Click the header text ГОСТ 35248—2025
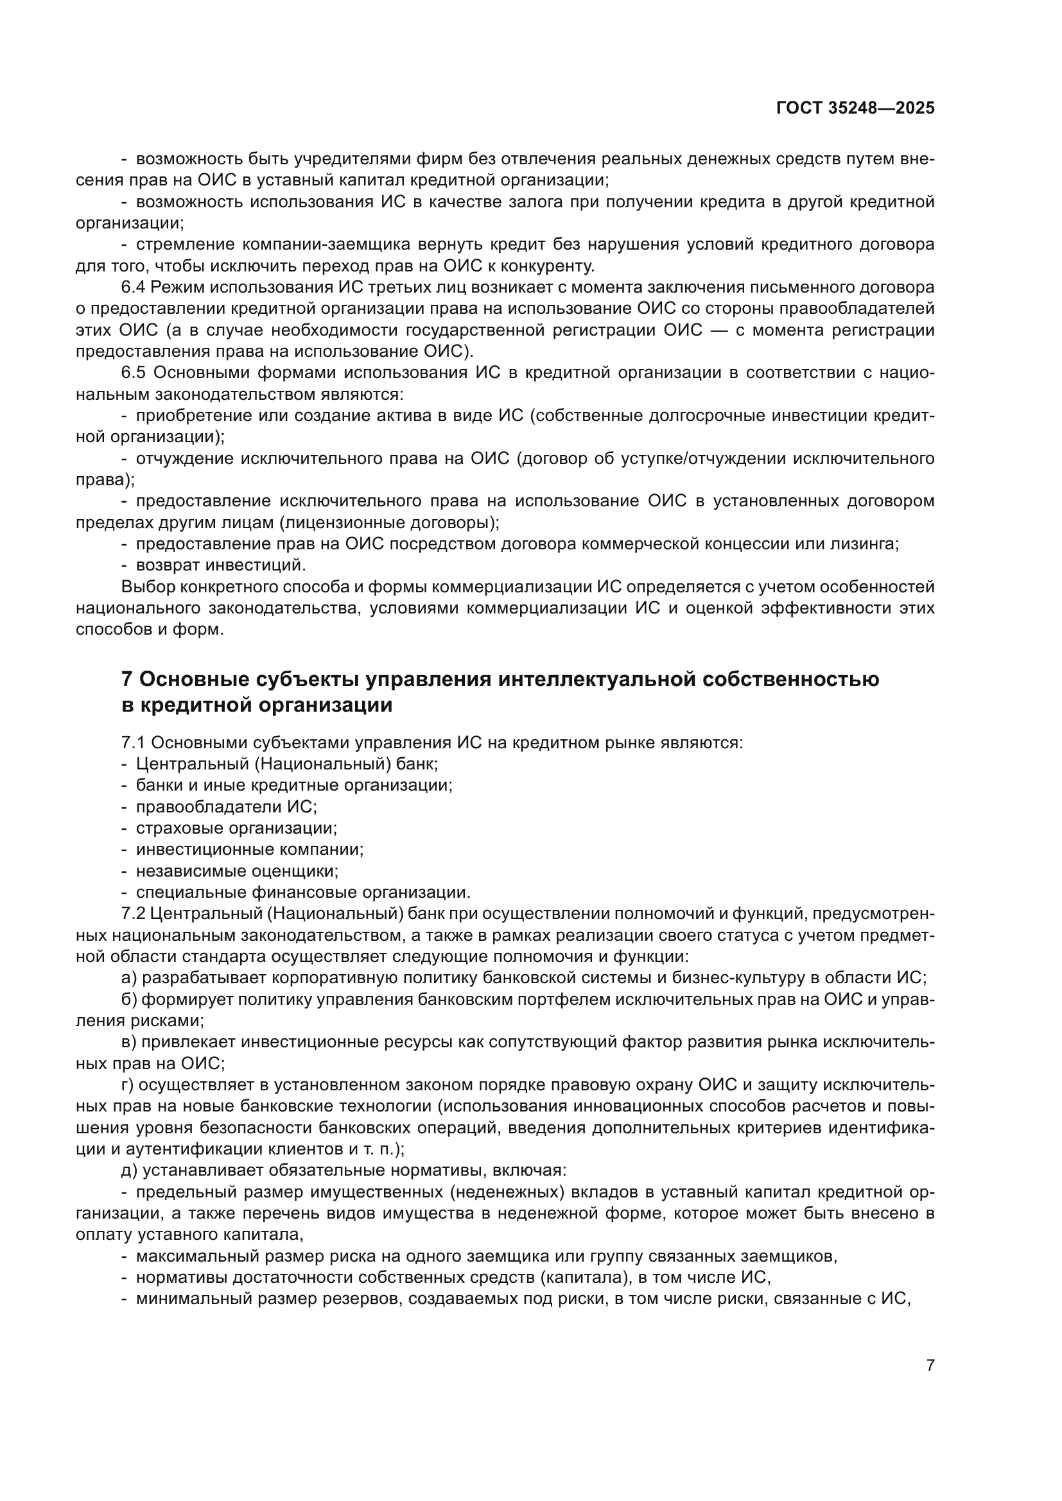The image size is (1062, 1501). tap(855, 108)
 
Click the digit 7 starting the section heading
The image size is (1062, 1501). tap(128, 679)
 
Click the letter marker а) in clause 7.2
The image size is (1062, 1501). tap(128, 978)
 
